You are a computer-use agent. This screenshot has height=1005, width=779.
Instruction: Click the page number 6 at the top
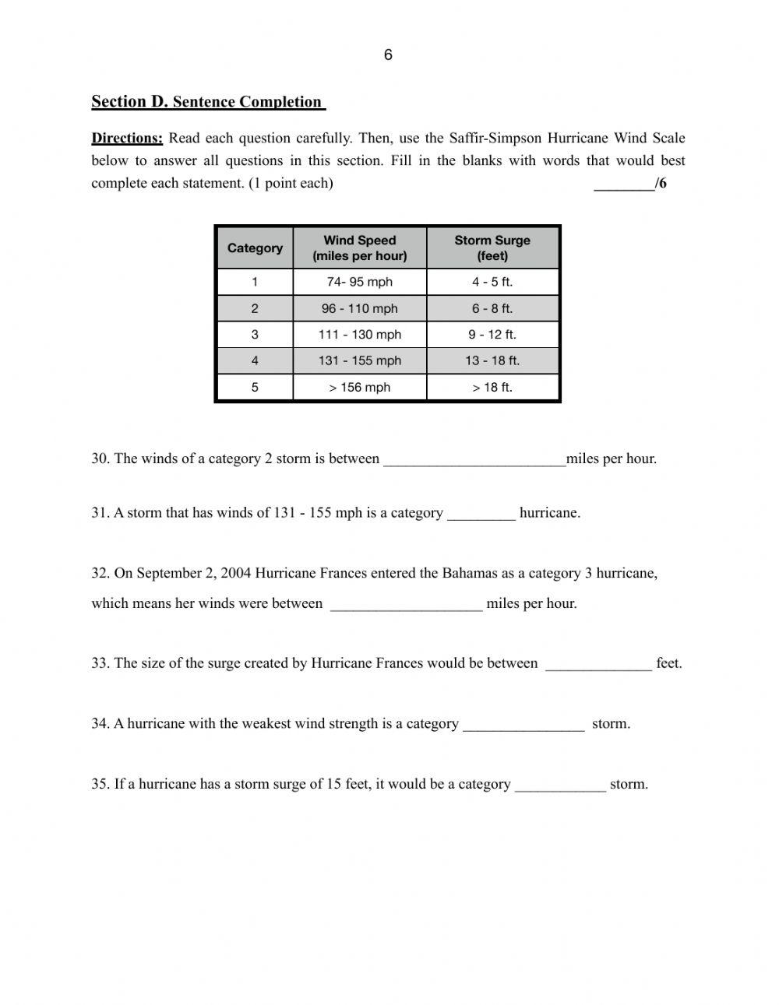388,54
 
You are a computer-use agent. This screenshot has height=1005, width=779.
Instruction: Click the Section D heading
207,102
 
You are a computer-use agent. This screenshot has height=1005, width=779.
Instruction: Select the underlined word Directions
127,139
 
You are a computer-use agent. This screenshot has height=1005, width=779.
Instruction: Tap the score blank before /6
624,184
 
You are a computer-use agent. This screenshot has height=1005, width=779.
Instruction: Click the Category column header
255,248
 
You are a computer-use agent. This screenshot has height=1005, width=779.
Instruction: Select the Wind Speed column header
359,248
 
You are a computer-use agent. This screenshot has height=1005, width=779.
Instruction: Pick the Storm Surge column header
492,248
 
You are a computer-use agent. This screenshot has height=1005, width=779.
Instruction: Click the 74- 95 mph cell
359,282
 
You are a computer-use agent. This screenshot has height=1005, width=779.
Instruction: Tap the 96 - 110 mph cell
359,308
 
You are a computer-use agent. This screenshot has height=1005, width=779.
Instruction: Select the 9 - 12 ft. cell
492,335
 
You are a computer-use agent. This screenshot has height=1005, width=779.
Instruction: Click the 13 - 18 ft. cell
492,360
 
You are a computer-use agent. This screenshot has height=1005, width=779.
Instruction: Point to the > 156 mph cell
359,387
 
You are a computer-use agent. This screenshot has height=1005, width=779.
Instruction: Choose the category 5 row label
255,387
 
